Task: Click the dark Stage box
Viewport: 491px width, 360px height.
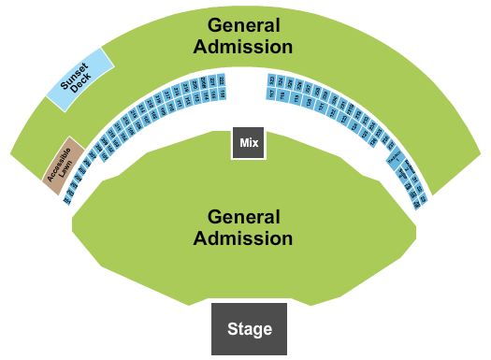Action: (248, 328)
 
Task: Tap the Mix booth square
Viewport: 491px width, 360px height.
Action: (249, 143)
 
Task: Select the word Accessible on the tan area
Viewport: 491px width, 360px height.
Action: (58, 159)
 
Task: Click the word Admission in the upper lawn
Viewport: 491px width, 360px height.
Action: (250, 46)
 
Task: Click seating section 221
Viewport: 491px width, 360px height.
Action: (213, 81)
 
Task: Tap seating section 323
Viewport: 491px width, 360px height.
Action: (272, 79)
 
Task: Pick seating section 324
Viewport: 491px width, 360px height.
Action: (281, 81)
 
